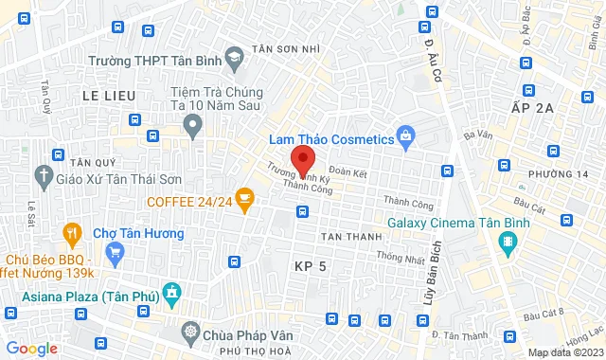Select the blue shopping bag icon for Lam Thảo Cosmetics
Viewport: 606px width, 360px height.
[406, 137]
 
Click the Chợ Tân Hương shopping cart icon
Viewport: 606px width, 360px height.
[116, 252]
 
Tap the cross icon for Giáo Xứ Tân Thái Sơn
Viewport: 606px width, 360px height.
[43, 176]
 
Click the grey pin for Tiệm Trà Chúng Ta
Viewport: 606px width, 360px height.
[193, 124]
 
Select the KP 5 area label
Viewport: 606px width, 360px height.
[310, 267]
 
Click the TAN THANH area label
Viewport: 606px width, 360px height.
[349, 236]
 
